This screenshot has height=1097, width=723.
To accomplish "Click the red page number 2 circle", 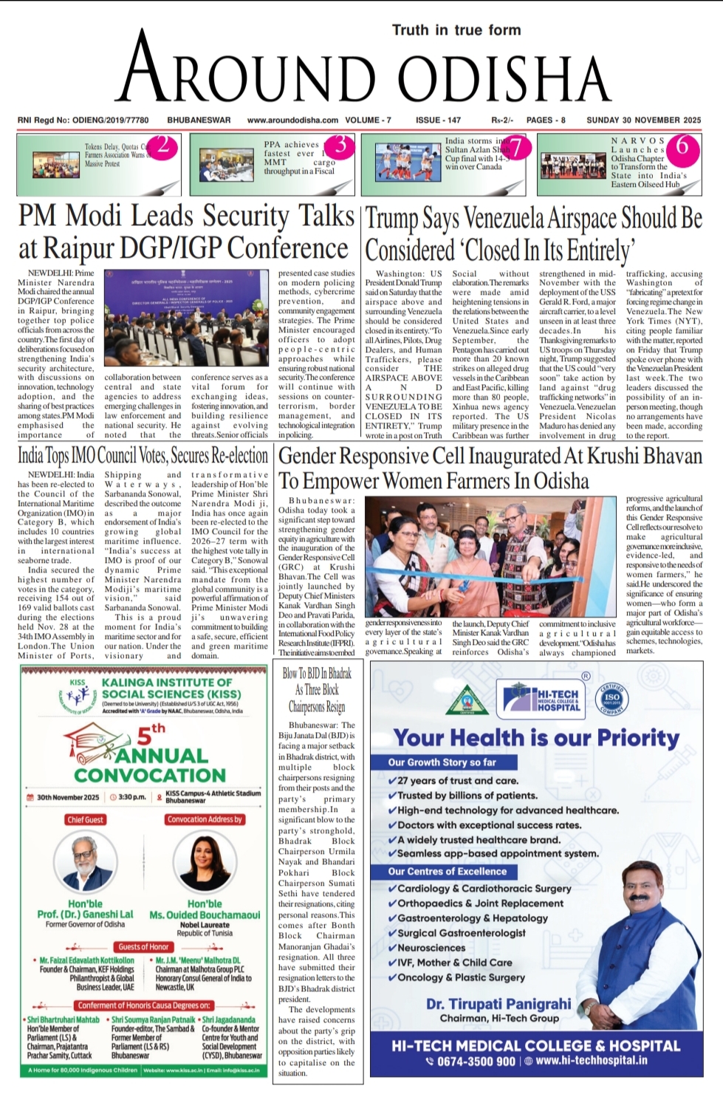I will click(x=163, y=146).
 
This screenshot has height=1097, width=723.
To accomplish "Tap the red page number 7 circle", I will click(x=517, y=148).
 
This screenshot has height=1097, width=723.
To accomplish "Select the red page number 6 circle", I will click(x=682, y=146).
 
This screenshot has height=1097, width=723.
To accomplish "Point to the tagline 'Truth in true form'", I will click(x=456, y=30).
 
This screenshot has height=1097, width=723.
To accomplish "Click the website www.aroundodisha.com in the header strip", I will click(x=292, y=120).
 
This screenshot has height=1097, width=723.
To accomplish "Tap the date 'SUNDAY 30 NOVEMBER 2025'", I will click(x=643, y=120).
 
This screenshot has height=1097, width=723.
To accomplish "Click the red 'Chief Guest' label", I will click(x=85, y=819).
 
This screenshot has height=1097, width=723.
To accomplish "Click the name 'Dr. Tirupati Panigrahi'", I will click(x=498, y=1003).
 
